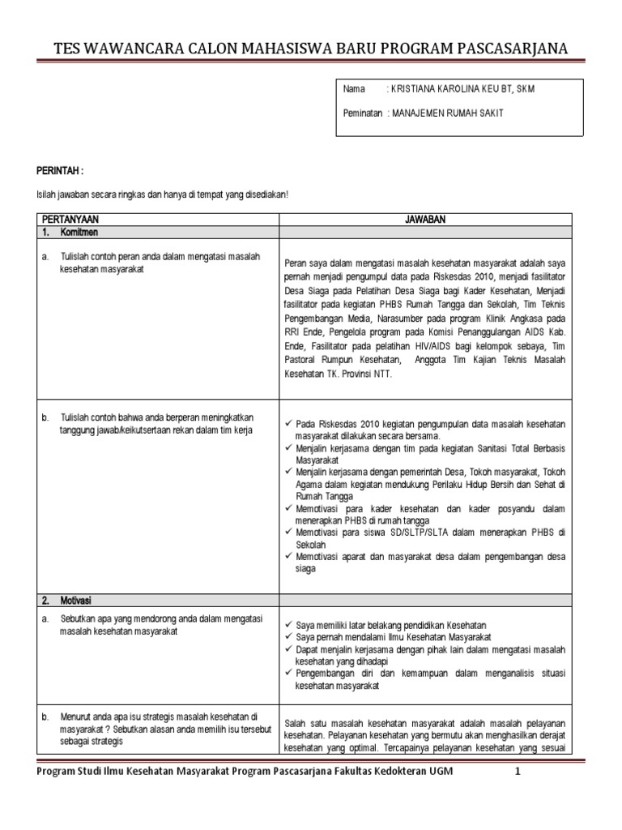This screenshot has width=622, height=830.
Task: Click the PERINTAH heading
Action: point(60,172)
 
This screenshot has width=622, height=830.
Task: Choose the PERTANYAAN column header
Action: point(73,220)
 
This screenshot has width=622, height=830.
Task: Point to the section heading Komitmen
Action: point(79,233)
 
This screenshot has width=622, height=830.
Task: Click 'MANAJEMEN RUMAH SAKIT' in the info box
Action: point(447,113)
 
